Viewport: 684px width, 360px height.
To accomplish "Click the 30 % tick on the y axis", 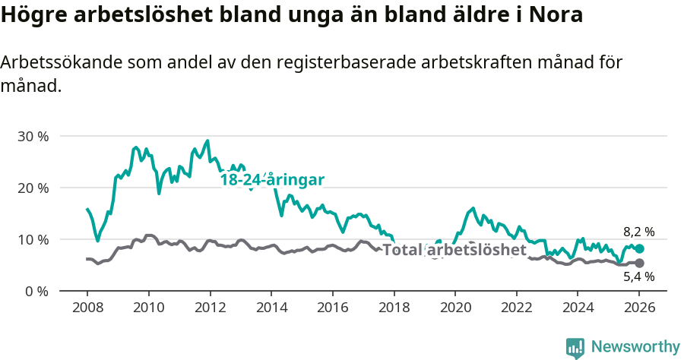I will pyautogui.click(x=33, y=137).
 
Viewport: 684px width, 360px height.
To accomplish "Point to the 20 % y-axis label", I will pyautogui.click(x=33, y=188).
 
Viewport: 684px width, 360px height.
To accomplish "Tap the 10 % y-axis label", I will pyautogui.click(x=33, y=240).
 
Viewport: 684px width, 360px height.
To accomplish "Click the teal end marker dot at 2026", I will pyautogui.click(x=639, y=248).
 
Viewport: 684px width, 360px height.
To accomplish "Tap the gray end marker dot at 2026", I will pyautogui.click(x=639, y=263).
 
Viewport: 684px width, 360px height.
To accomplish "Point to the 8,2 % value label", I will pyautogui.click(x=638, y=232).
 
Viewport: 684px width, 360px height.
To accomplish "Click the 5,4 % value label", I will pyautogui.click(x=638, y=277).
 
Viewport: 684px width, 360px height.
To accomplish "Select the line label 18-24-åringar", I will pyautogui.click(x=272, y=180).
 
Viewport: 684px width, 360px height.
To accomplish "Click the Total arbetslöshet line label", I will pyautogui.click(x=454, y=250).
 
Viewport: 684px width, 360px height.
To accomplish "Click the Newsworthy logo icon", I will pyautogui.click(x=575, y=347).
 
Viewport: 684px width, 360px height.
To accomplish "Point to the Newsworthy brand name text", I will pyautogui.click(x=635, y=347).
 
